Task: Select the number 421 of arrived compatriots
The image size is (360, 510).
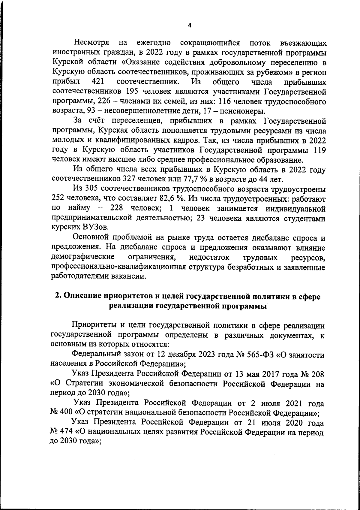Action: tap(97, 82)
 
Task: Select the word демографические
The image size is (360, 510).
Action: tap(84, 257)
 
